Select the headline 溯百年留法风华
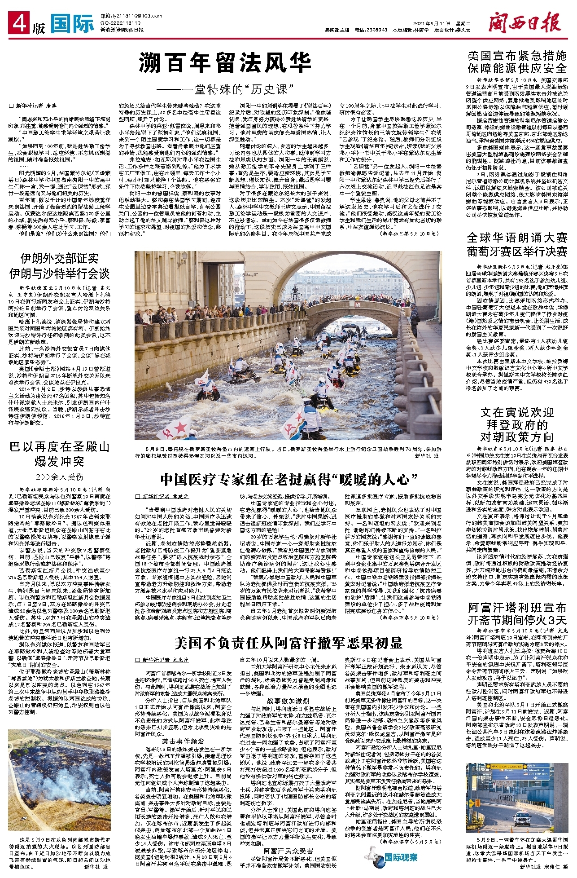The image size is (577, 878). tap(225, 62)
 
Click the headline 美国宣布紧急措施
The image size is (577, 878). tap(517, 56)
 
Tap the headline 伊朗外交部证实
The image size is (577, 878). tap(59, 258)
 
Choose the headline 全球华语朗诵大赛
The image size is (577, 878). tap(517, 238)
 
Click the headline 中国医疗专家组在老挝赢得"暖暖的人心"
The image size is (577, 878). tap(288, 480)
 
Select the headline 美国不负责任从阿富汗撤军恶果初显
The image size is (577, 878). tap(288, 643)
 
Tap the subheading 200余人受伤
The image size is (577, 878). tap(59, 477)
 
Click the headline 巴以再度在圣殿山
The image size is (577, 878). tap(59, 447)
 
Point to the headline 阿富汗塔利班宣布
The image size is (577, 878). tap(517, 608)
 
